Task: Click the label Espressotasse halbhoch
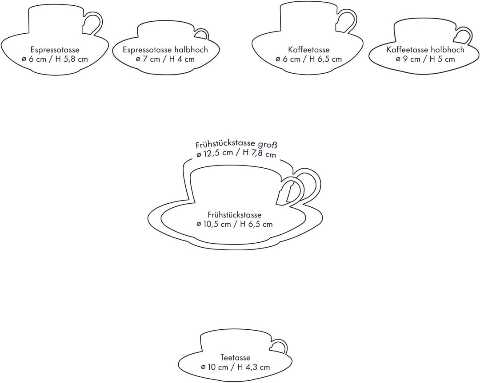tap(165, 50)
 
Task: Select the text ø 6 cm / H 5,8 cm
tap(55, 59)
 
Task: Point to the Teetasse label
tap(236, 357)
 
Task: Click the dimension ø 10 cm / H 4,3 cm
tap(236, 367)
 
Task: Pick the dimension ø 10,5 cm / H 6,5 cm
tap(235, 224)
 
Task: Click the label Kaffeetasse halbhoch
tap(425, 50)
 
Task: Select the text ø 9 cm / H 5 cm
tap(425, 59)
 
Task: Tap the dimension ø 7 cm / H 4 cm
tap(165, 59)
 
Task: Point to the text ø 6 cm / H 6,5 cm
tap(308, 59)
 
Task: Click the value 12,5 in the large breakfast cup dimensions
tap(210, 153)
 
